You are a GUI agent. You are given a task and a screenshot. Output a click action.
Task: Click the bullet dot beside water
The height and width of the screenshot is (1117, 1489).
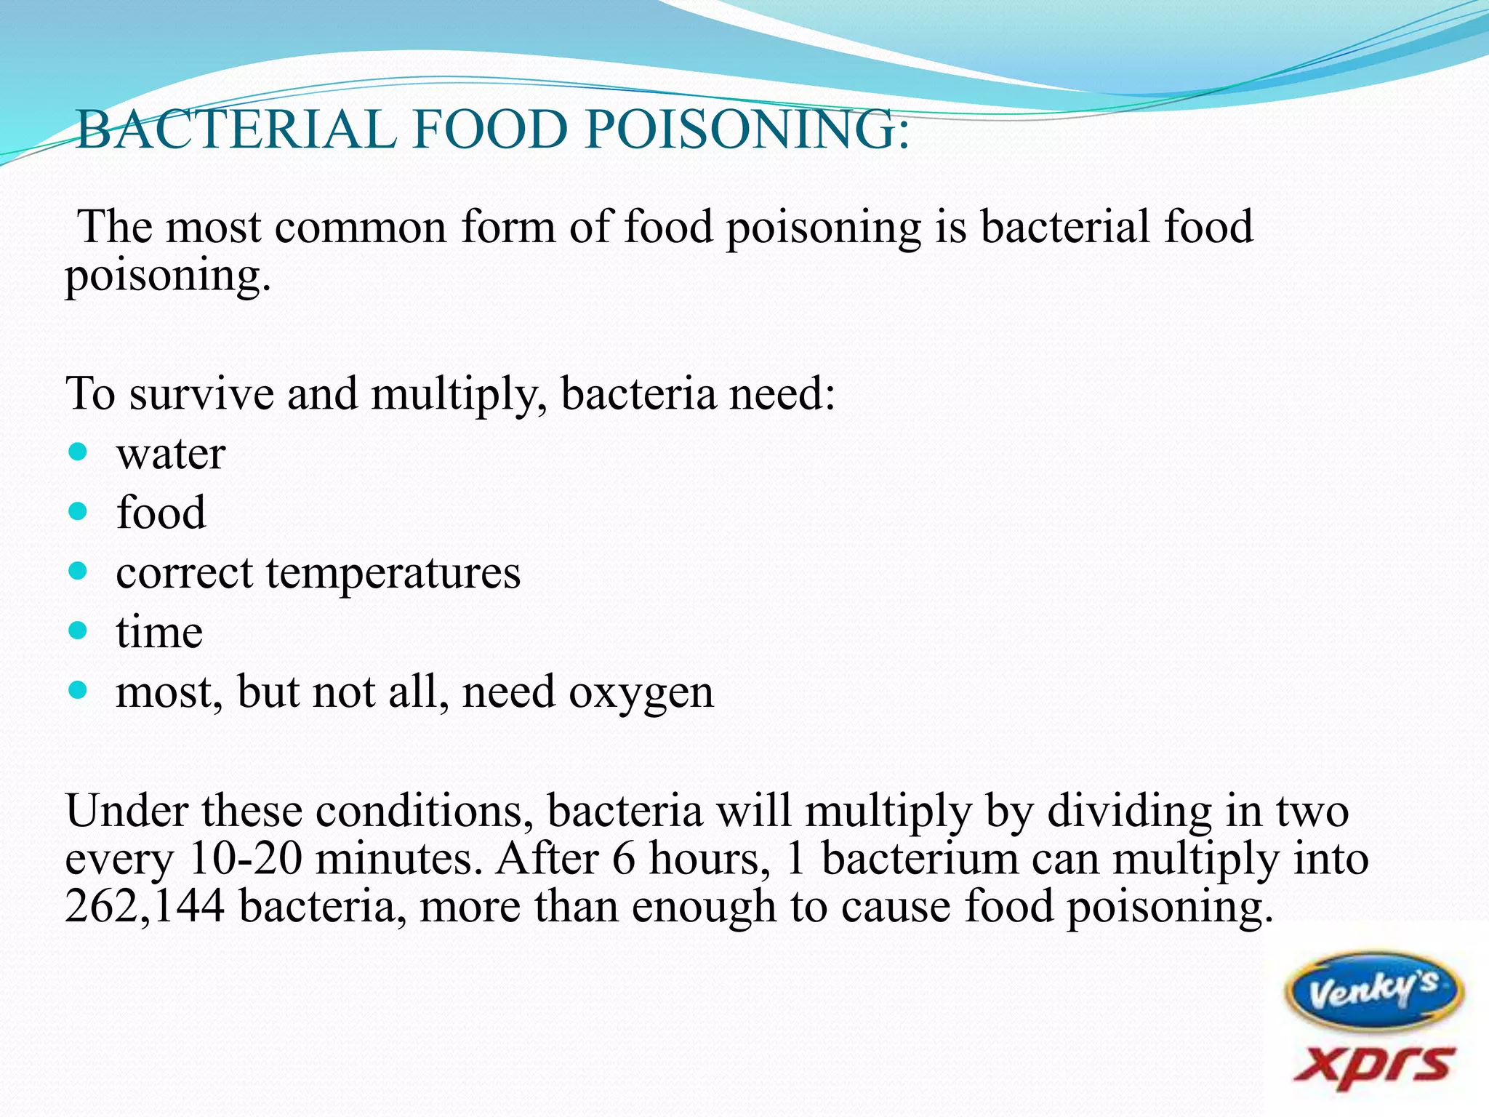(x=77, y=452)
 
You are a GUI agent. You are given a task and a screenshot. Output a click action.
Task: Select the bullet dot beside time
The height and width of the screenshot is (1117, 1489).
(x=77, y=630)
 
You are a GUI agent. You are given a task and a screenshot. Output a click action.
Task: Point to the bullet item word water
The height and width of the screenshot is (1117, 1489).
(x=171, y=455)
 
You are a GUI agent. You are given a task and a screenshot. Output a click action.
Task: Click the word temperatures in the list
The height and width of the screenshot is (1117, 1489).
(x=393, y=573)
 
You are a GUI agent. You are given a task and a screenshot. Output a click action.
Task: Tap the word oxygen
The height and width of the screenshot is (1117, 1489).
(x=641, y=692)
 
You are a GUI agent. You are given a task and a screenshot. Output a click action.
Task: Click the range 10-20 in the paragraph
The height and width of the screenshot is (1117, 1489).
(x=244, y=858)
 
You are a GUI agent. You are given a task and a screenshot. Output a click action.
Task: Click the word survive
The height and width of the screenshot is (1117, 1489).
(x=201, y=394)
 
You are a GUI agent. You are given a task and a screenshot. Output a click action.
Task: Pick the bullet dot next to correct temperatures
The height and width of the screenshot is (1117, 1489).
(x=77, y=571)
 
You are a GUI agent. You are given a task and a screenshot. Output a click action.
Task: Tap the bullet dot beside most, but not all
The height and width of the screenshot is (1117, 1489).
(x=77, y=689)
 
